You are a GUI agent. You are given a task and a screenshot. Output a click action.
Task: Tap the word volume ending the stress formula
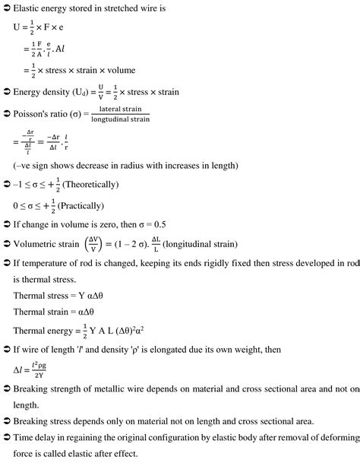click(x=118, y=71)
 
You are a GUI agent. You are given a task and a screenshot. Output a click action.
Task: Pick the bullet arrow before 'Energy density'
click(x=6, y=93)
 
